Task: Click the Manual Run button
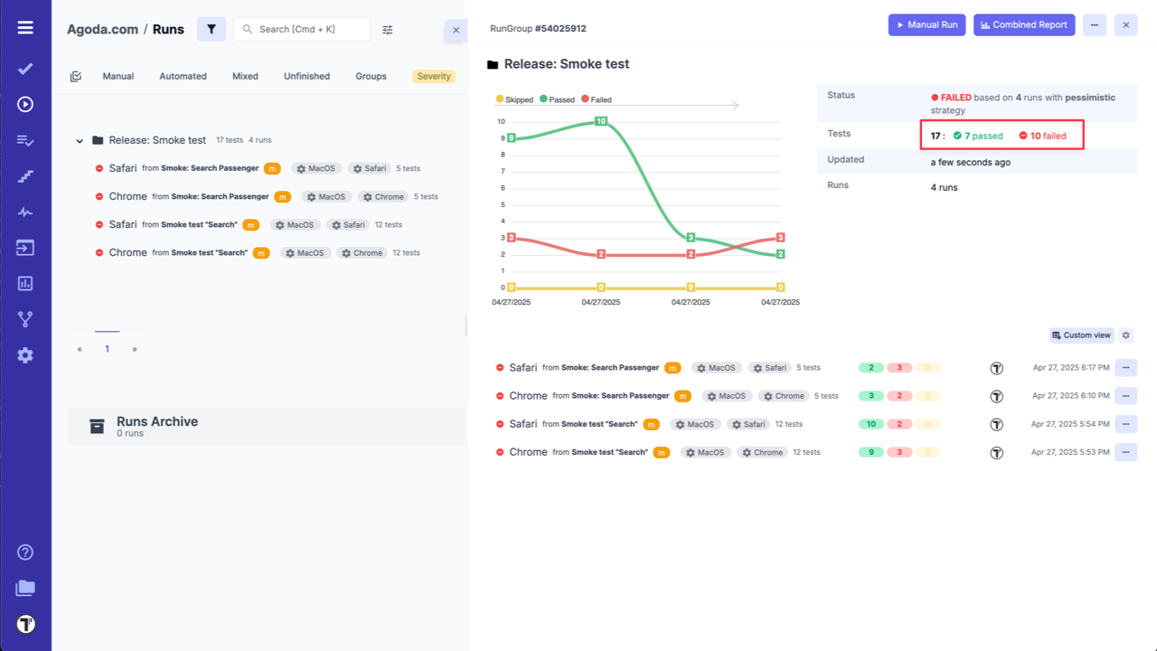[927, 25]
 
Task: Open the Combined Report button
[1024, 25]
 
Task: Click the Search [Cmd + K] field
[303, 29]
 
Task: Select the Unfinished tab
[306, 76]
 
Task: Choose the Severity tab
[434, 76]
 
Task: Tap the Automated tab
[183, 76]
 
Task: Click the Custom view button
[1080, 335]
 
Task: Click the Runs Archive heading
[157, 421]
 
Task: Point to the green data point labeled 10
[600, 121]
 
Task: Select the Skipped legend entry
[514, 99]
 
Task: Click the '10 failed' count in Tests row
[1043, 136]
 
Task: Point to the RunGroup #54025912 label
[538, 29]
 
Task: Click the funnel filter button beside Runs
[211, 29]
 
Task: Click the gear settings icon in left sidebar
[25, 355]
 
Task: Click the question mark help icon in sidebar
[25, 552]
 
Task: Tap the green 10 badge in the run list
[870, 424]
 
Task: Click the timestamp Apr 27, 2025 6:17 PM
[1071, 368]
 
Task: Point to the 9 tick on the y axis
[502, 138]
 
